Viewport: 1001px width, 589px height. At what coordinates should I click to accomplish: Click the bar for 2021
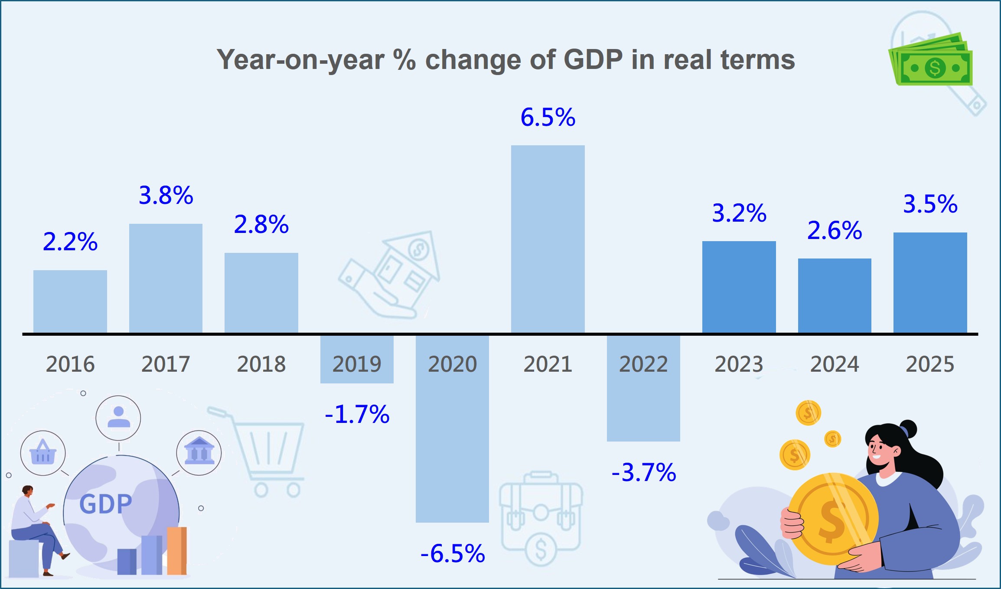point(548,239)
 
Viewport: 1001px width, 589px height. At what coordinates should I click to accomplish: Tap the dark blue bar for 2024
point(835,295)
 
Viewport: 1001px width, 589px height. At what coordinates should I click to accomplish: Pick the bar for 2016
point(70,301)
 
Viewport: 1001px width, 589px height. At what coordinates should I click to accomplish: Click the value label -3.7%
point(644,472)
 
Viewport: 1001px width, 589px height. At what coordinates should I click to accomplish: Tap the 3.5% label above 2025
point(930,204)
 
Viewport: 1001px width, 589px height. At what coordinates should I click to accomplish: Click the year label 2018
point(261,364)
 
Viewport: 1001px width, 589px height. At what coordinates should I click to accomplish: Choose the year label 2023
point(739,364)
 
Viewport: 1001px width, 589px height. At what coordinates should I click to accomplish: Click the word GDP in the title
point(593,59)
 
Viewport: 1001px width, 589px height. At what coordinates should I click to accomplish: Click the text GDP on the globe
point(105,504)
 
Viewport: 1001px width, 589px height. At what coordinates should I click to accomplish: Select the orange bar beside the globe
point(177,551)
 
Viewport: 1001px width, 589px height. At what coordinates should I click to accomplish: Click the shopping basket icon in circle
point(43,453)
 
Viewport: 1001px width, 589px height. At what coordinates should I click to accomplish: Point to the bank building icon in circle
point(199,452)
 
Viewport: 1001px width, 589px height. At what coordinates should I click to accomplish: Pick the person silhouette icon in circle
point(118,418)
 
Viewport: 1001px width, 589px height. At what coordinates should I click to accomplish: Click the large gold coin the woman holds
point(832,518)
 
